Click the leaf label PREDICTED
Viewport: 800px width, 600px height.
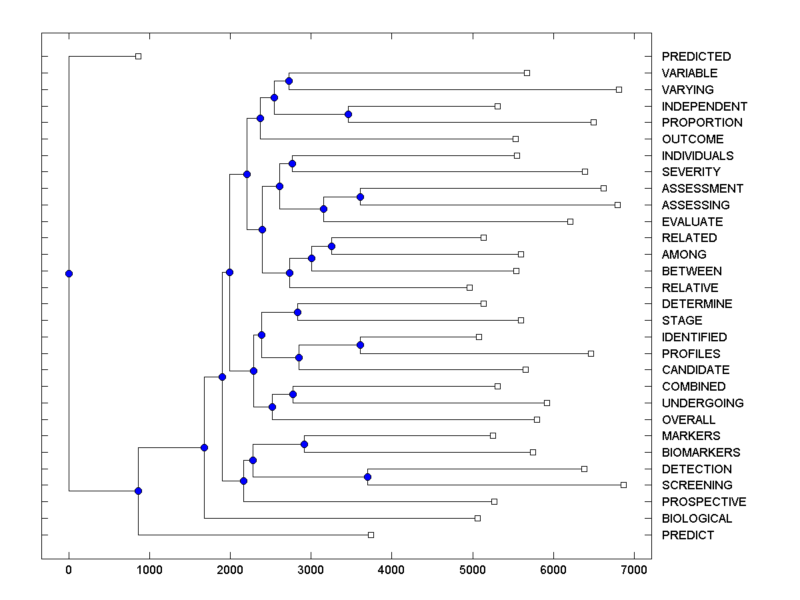(696, 57)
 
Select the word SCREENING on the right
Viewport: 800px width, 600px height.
(697, 485)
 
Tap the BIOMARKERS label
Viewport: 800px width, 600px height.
(701, 453)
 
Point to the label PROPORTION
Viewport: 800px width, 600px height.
(701, 123)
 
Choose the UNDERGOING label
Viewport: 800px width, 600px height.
(702, 403)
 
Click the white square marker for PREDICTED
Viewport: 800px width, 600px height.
(138, 56)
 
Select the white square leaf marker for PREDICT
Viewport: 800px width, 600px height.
(371, 535)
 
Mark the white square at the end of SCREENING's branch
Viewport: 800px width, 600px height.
(623, 485)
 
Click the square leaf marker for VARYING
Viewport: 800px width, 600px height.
(619, 89)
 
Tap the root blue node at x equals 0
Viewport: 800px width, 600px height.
(69, 273)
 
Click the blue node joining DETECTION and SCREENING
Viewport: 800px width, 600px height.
(367, 477)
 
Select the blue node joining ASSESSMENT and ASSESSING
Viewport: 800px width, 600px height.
(360, 197)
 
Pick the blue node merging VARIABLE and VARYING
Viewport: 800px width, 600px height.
(289, 81)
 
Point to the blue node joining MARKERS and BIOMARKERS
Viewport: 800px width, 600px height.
(304, 444)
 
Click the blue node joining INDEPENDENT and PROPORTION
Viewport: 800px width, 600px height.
(348, 114)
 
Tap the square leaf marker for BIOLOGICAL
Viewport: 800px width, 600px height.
(477, 518)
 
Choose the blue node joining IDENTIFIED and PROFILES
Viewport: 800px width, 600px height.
(360, 345)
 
